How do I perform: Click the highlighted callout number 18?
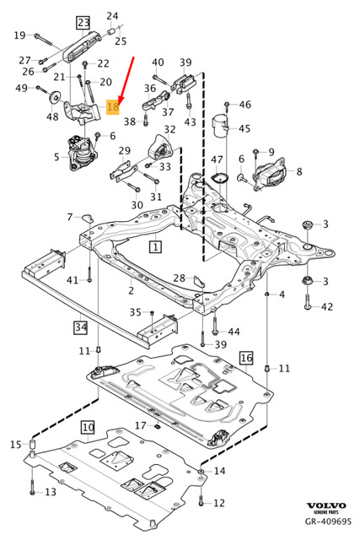113,106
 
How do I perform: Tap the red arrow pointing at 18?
126,80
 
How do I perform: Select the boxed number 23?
83,23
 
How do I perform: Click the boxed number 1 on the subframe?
156,247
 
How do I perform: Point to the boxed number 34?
81,327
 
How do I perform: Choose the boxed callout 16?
246,358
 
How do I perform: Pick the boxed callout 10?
89,428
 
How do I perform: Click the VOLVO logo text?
326,505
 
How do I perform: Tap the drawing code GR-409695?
328,521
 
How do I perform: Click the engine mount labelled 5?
79,154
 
